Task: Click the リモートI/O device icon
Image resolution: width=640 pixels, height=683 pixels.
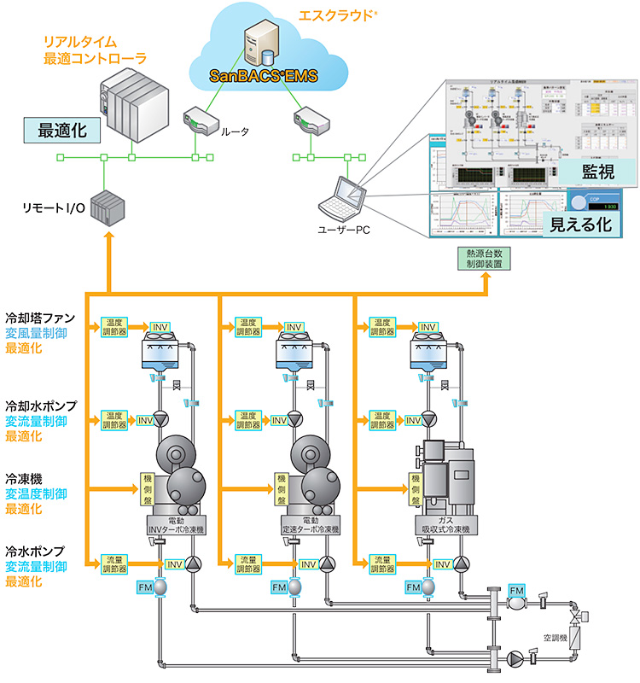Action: coord(107,207)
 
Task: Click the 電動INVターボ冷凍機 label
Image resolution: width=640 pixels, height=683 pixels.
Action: coord(177,524)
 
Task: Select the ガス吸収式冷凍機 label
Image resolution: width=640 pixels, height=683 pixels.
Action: coord(446,524)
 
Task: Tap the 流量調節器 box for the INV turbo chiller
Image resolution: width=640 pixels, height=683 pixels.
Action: coord(113,563)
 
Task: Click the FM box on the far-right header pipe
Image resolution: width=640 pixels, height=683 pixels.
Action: coord(517,590)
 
